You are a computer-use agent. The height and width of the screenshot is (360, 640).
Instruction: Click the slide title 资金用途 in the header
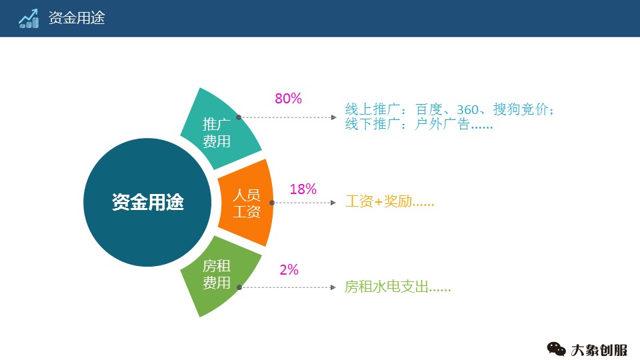[x=77, y=18]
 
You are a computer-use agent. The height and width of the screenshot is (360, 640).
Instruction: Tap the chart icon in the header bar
[x=29, y=18]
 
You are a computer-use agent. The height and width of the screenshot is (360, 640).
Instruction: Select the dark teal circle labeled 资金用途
[x=147, y=202]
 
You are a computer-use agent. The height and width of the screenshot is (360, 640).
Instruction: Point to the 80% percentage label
[x=288, y=99]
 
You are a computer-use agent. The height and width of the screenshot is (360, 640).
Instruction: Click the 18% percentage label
[x=303, y=189]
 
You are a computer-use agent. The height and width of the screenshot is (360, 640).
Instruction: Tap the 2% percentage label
[x=289, y=270]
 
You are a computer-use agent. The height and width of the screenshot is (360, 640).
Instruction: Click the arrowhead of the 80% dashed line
[x=334, y=117]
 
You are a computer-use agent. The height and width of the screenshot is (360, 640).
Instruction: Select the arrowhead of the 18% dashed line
[x=334, y=202]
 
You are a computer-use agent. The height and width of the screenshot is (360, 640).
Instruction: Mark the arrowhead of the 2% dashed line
[x=334, y=288]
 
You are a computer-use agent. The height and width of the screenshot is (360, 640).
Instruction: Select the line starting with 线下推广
[x=419, y=124]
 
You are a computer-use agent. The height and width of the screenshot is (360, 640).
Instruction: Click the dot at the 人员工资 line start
[x=272, y=202]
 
